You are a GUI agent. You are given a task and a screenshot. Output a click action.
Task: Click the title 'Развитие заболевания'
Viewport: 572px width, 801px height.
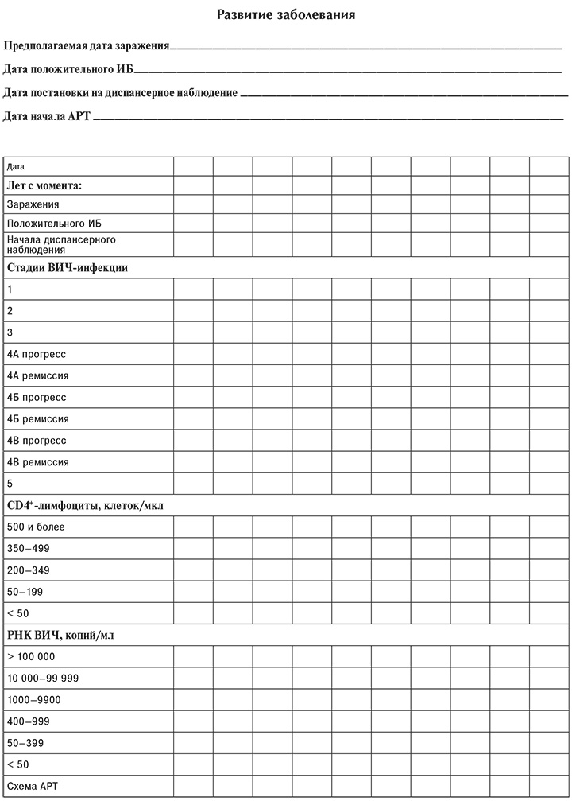tap(286, 14)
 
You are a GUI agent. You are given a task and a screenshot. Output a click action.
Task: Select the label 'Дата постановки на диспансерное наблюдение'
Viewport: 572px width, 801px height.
tap(120, 94)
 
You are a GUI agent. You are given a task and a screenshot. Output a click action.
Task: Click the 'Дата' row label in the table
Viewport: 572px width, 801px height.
tap(15, 167)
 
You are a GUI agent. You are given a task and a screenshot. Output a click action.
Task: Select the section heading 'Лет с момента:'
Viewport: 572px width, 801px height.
tap(44, 186)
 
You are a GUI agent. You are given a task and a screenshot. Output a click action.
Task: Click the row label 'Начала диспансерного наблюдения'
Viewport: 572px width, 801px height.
tap(60, 243)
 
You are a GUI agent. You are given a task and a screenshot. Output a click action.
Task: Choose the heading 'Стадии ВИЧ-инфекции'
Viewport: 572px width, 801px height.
tap(67, 268)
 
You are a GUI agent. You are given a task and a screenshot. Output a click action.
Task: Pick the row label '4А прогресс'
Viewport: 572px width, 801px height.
tap(36, 354)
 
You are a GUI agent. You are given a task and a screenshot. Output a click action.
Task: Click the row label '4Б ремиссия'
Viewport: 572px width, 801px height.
tap(37, 418)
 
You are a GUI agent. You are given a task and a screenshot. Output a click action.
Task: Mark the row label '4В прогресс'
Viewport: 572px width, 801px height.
tap(36, 441)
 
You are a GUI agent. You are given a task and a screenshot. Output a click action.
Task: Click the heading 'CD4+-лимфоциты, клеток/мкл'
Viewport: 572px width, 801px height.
tap(85, 505)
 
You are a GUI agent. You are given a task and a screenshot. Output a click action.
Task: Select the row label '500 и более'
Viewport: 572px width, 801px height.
tap(35, 527)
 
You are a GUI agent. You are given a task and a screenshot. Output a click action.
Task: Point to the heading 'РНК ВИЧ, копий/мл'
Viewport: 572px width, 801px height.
tap(63, 635)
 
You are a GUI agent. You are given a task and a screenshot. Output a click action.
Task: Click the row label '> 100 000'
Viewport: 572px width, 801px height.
tap(32, 656)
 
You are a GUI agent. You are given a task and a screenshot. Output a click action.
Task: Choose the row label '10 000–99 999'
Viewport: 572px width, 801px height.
tap(42, 678)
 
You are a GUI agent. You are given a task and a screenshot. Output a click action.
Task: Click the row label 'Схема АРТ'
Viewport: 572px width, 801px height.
tap(33, 786)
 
